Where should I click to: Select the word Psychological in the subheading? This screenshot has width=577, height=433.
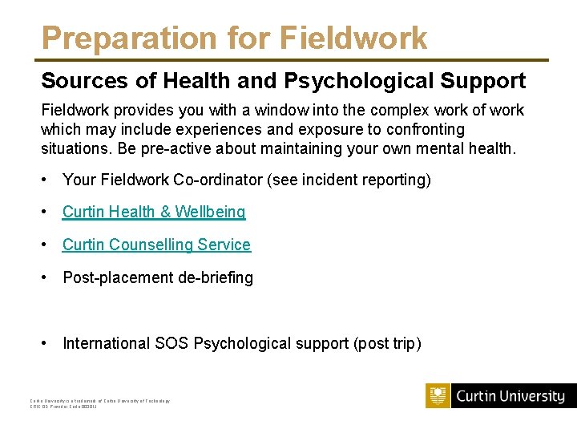pos(347,81)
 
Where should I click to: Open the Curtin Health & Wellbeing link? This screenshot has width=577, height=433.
pos(154,212)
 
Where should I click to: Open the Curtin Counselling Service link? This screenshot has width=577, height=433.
pos(156,245)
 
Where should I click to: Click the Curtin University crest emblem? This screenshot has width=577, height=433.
pos(438,396)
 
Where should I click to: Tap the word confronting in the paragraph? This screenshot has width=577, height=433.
pos(425,129)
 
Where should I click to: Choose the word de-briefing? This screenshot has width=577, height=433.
pos(215,277)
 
